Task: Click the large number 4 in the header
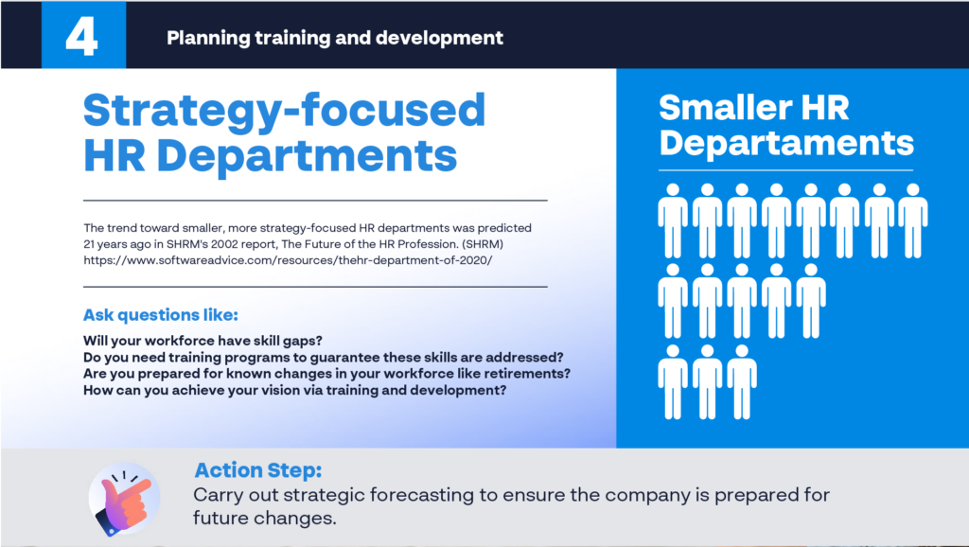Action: pyautogui.click(x=81, y=37)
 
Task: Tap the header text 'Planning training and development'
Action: pyautogui.click(x=335, y=38)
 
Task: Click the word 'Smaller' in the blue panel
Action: pyautogui.click(x=723, y=108)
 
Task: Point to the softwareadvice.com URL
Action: pyautogui.click(x=288, y=260)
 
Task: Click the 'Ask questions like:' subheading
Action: pyautogui.click(x=161, y=314)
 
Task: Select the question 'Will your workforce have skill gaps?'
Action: pyautogui.click(x=203, y=341)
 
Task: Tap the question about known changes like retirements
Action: pyautogui.click(x=326, y=374)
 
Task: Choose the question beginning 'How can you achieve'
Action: pyautogui.click(x=295, y=391)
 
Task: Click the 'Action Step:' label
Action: pyautogui.click(x=258, y=469)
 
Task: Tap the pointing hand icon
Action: pyautogui.click(x=125, y=498)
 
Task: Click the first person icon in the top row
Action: pyautogui.click(x=673, y=221)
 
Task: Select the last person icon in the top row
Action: pyautogui.click(x=913, y=221)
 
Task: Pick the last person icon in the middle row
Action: pyautogui.click(x=811, y=301)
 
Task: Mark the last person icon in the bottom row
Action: pyautogui.click(x=742, y=382)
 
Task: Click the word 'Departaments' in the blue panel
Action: pyautogui.click(x=786, y=144)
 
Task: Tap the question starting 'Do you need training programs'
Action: pyautogui.click(x=324, y=357)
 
